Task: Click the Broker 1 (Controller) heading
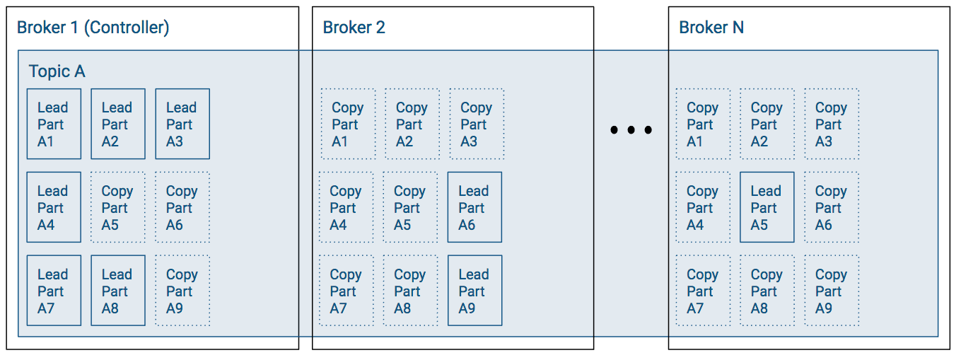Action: pos(93,28)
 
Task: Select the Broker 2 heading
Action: pos(354,28)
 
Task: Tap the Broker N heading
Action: pos(711,28)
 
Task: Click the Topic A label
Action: pos(57,71)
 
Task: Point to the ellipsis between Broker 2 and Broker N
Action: pos(631,130)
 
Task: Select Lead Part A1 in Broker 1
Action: pos(54,124)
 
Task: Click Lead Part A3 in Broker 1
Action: pos(182,124)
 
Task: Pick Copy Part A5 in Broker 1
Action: pos(118,207)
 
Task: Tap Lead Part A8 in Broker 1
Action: pos(118,291)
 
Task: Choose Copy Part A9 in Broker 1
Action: pos(182,291)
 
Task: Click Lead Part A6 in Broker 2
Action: pos(474,207)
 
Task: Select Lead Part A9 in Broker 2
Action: pos(474,291)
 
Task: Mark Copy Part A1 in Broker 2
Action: pos(348,124)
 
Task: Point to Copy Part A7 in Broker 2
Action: pos(346,291)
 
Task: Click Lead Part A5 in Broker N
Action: pos(767,207)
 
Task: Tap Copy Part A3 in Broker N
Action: pos(831,124)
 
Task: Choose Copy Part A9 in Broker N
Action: pos(831,291)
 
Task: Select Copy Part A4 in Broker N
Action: pos(702,207)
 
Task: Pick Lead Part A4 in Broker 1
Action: pos(54,207)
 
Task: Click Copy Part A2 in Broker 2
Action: pos(412,124)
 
